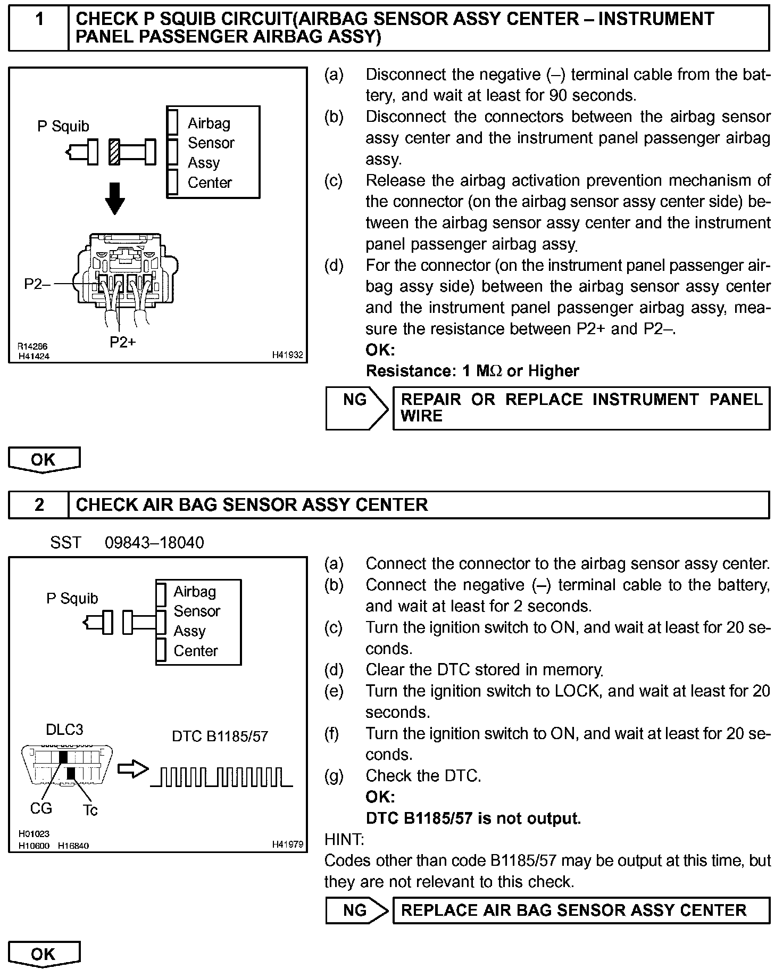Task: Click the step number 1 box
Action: point(39,28)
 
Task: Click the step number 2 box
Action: point(39,504)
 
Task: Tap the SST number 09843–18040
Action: point(154,542)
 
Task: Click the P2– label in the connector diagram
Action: point(37,284)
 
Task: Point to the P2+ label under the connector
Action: point(123,342)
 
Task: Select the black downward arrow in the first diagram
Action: point(115,198)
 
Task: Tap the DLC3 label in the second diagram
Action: point(64,729)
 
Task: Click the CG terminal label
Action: point(41,809)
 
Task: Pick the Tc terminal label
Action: point(90,810)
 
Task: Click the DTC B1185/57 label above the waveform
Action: point(220,736)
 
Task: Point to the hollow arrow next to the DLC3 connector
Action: point(132,769)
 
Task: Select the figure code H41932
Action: point(287,354)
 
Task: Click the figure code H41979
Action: point(287,844)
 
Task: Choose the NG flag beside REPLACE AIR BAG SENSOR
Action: point(355,910)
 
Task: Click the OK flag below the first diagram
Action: point(44,459)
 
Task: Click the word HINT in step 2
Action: point(344,840)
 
